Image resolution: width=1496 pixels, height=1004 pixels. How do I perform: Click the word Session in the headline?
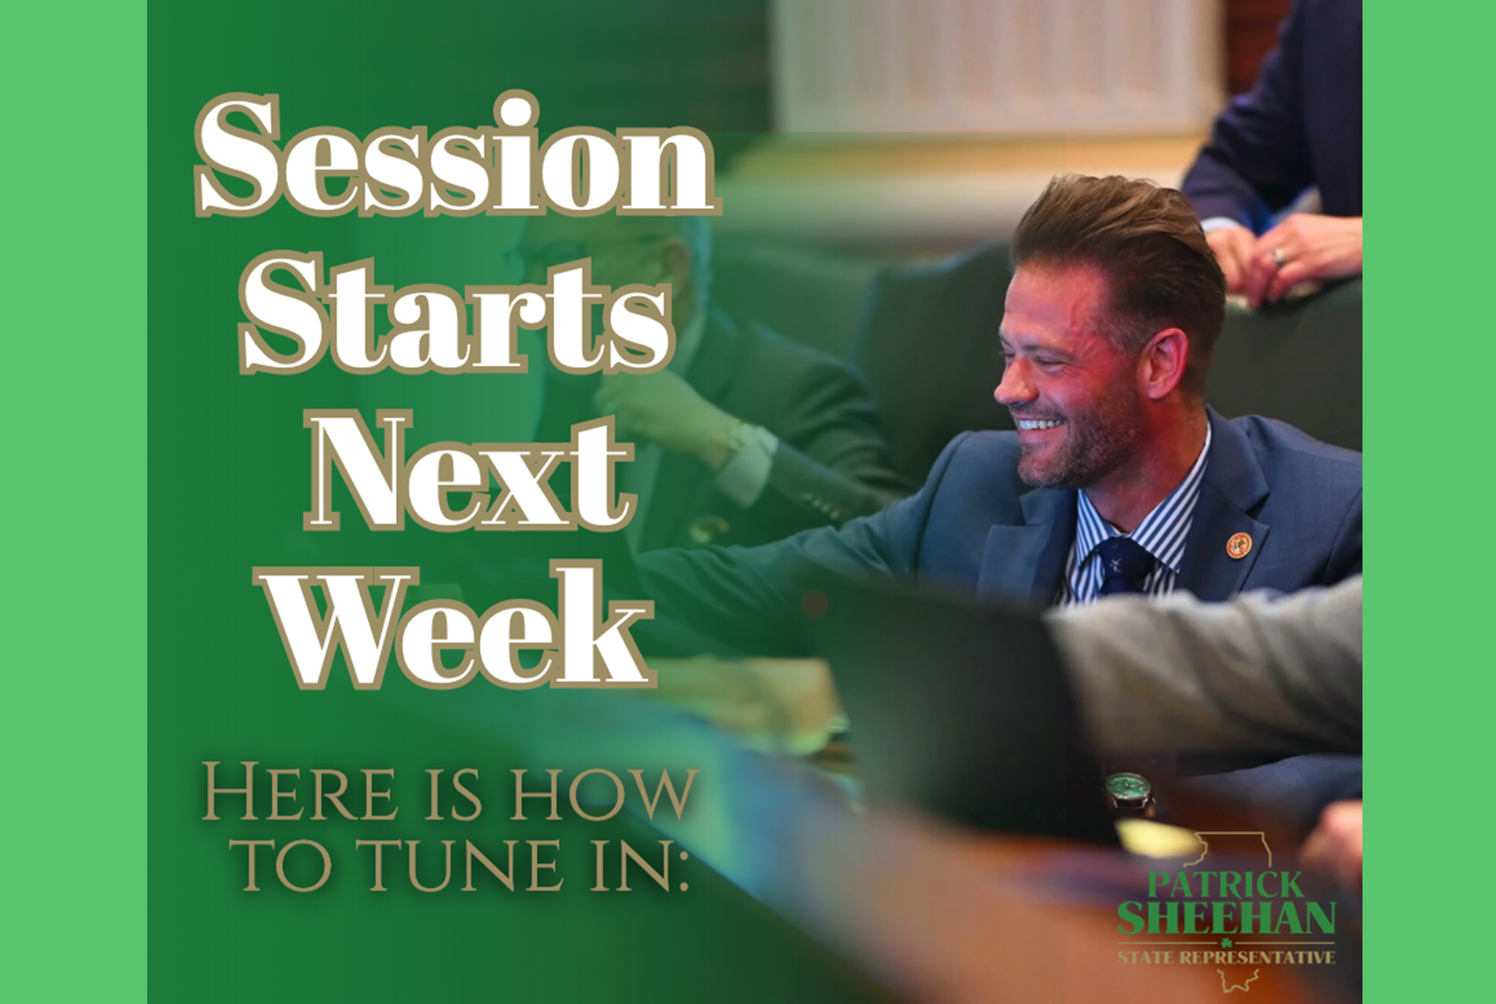point(458,154)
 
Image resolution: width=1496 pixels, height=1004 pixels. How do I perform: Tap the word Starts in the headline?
point(456,312)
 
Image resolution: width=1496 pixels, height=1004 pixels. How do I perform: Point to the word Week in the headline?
point(459,625)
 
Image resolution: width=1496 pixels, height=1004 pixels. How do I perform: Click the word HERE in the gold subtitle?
point(299,791)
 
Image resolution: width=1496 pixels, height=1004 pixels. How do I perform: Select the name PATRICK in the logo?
point(1225,884)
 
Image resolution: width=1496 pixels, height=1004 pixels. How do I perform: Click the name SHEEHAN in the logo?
point(1226,917)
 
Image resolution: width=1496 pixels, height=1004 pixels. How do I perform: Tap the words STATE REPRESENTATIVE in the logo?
point(1226,958)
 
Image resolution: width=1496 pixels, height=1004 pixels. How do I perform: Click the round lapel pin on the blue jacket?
point(1238,544)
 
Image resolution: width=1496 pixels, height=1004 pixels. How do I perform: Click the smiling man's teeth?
point(1038,424)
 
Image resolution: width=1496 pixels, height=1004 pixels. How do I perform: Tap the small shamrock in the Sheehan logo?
point(1226,943)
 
